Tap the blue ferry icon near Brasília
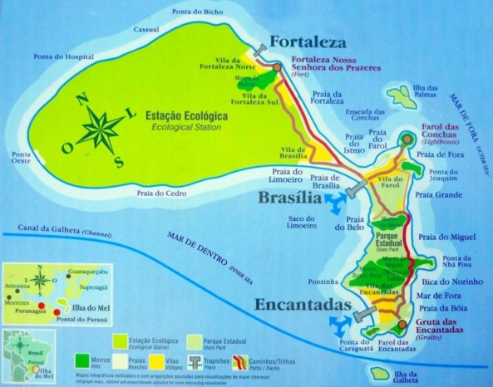click(336, 203)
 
